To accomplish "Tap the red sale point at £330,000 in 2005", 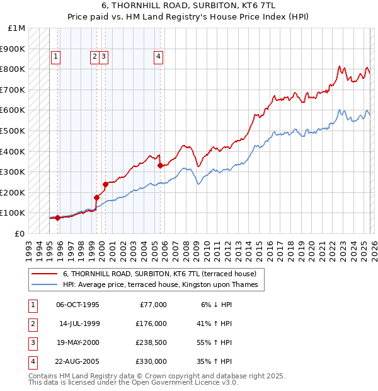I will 160,166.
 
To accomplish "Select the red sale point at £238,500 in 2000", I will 105,184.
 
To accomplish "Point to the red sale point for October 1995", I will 57,218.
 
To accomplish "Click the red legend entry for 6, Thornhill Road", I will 159,274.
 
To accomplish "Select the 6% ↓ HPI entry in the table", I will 217,305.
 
